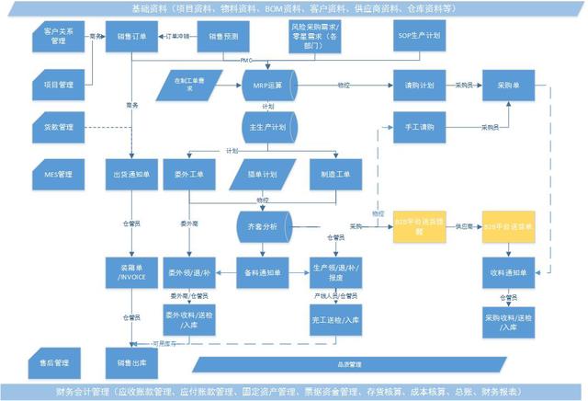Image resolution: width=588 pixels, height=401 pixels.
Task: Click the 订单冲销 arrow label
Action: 175,37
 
